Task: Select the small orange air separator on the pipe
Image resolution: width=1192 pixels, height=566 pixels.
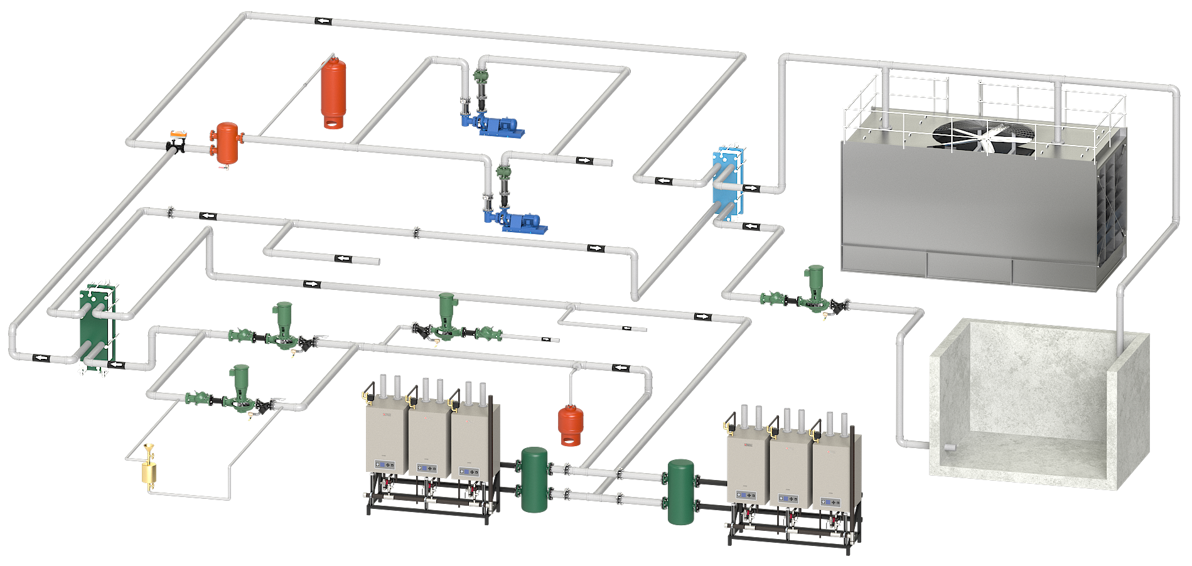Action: (x=224, y=144)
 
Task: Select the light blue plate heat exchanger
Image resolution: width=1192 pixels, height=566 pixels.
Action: (x=728, y=185)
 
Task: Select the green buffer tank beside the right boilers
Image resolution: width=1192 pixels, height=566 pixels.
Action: (x=680, y=491)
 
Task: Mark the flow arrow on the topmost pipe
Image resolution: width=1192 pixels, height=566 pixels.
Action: (x=323, y=21)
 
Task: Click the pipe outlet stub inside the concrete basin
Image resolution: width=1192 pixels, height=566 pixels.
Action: (x=950, y=447)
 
